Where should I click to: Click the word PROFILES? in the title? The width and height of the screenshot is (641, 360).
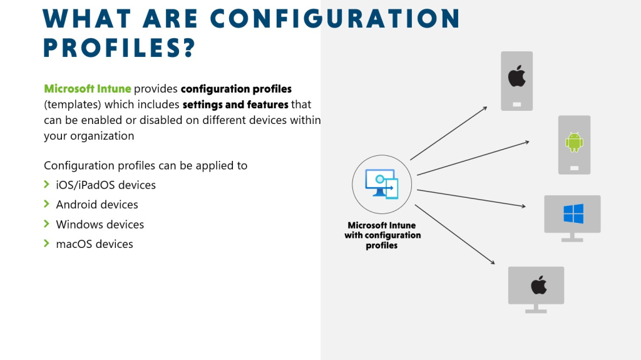point(120,48)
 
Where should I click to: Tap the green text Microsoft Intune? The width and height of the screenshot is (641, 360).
point(88,89)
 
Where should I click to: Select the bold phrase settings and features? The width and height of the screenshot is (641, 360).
point(235,105)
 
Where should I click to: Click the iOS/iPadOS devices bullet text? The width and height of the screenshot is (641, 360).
point(106,185)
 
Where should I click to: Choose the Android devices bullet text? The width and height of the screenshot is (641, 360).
point(97,205)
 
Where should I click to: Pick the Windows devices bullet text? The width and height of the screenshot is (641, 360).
point(100,225)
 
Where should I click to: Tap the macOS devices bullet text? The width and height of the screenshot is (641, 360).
point(95,244)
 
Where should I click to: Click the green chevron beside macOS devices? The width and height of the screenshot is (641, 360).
point(47,244)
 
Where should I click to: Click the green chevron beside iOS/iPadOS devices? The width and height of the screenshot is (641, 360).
point(47,185)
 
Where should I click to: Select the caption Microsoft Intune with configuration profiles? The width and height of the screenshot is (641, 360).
point(382,235)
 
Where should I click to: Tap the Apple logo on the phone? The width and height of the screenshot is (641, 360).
point(516,78)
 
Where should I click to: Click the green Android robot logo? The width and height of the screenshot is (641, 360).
point(574,142)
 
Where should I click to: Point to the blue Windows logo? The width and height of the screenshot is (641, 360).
point(573,213)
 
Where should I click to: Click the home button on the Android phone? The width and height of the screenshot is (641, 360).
point(574,168)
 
